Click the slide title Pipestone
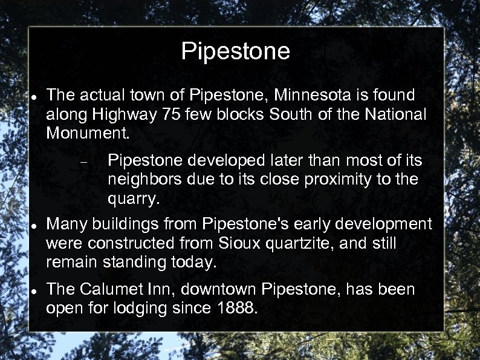click(235, 52)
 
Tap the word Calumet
click(115, 290)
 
